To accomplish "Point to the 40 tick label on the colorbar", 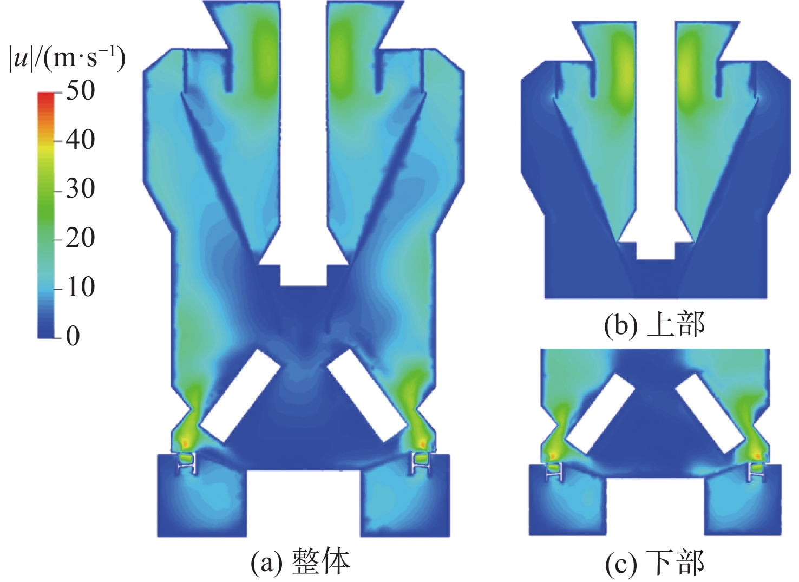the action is click(81, 140).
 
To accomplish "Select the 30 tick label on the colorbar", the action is click(81, 188).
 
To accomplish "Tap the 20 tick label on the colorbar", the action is click(81, 238).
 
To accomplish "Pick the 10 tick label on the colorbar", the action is click(81, 286).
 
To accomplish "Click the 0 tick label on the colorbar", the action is click(73, 336).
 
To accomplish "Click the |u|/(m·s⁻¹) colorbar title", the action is click(68, 60).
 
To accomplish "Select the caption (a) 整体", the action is click(300, 562).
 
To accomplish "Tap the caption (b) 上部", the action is click(654, 324).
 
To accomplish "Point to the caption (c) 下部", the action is click(654, 563).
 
